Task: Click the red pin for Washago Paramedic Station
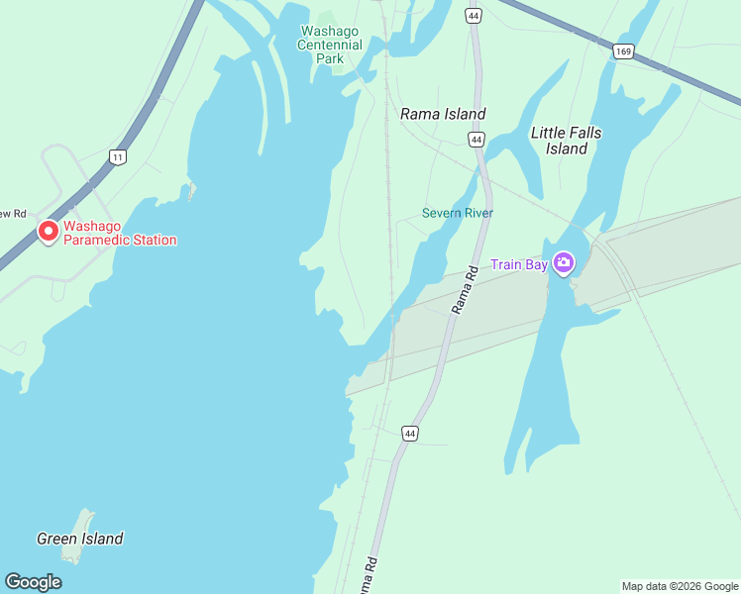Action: [48, 232]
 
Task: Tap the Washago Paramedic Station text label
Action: [120, 233]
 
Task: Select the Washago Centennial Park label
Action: [330, 45]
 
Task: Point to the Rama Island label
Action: [443, 114]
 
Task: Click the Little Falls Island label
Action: [566, 141]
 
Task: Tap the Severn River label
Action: [457, 213]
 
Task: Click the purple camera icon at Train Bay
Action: [564, 263]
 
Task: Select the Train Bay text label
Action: [519, 264]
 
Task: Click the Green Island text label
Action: [80, 539]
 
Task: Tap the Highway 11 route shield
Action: [118, 156]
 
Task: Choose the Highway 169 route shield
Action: [623, 51]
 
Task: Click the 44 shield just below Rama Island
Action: [476, 140]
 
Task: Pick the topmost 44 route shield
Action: [474, 16]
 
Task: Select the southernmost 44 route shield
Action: [409, 433]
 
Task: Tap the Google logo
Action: [33, 582]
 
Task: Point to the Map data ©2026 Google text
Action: [681, 586]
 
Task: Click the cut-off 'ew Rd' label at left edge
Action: [13, 213]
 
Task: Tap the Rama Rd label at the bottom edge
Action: [368, 576]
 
